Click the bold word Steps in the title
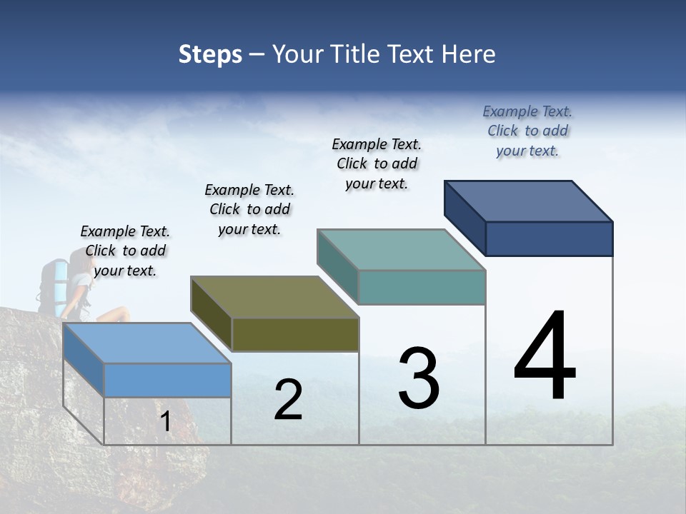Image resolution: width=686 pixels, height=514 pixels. [x=210, y=54]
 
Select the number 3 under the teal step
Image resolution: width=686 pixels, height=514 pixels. [x=419, y=378]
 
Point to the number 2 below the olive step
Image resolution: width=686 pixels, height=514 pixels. [x=289, y=400]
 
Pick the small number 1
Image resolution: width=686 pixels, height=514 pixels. [x=166, y=422]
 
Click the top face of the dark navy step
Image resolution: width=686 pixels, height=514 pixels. [x=528, y=201]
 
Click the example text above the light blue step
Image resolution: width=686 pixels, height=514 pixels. [x=126, y=251]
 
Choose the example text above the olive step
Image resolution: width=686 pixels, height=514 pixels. [x=249, y=209]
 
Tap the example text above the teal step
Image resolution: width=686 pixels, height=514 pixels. [x=377, y=163]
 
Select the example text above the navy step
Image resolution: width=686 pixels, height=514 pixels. [x=527, y=131]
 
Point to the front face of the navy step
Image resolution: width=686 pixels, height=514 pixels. [x=549, y=238]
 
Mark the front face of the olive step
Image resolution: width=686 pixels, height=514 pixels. [x=295, y=334]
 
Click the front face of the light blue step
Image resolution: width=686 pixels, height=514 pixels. [x=167, y=380]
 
